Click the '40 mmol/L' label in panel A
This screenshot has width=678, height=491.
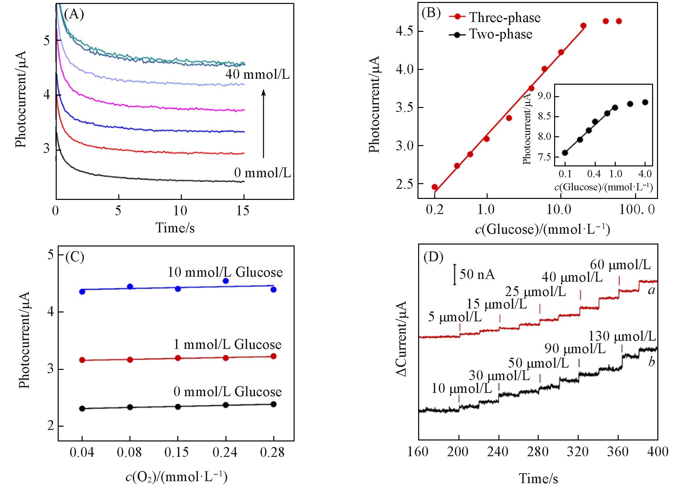pyautogui.click(x=258, y=75)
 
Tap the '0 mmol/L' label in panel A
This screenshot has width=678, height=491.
pyautogui.click(x=262, y=173)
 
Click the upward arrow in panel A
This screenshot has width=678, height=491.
pyautogui.click(x=263, y=124)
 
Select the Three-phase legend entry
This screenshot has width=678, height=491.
pyautogui.click(x=494, y=17)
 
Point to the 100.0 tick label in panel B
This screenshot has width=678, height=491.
pyautogui.click(x=637, y=209)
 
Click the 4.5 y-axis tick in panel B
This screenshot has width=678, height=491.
pyautogui.click(x=405, y=31)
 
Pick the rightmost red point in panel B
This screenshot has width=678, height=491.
pyautogui.click(x=619, y=21)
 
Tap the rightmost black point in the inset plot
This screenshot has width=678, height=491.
pyautogui.click(x=645, y=102)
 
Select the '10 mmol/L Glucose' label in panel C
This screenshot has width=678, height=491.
pyautogui.click(x=225, y=272)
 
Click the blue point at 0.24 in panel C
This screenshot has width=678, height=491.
pyautogui.click(x=225, y=281)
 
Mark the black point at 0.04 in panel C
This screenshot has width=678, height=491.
pyautogui.click(x=82, y=409)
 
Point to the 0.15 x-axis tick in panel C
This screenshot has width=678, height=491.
pyautogui.click(x=177, y=452)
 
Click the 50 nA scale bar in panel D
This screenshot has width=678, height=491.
pyautogui.click(x=455, y=274)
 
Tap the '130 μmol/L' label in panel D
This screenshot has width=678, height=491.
pyautogui.click(x=622, y=336)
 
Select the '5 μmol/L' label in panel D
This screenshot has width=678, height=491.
pyautogui.click(x=455, y=317)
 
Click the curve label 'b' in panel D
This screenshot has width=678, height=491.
pyautogui.click(x=651, y=362)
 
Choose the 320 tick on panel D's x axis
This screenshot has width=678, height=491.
pyautogui.click(x=578, y=452)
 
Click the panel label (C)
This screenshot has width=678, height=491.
pyautogui.click(x=75, y=257)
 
